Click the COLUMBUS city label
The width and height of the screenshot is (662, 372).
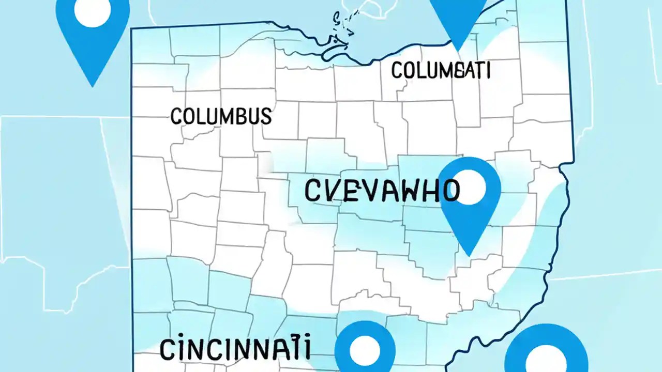(221, 116)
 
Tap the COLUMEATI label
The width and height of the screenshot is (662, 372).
(441, 70)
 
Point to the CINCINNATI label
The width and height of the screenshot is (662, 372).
(235, 349)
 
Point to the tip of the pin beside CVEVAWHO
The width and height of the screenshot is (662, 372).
(469, 255)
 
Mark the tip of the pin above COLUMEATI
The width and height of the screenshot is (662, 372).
(458, 51)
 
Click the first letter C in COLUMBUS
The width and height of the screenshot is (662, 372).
(176, 116)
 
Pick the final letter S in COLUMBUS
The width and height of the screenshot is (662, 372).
(265, 116)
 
